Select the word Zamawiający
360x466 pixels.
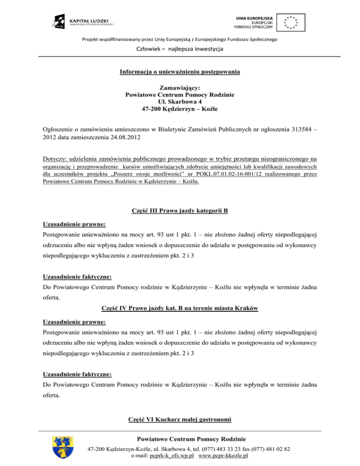[180, 88]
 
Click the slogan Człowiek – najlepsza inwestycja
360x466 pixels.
[180, 49]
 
